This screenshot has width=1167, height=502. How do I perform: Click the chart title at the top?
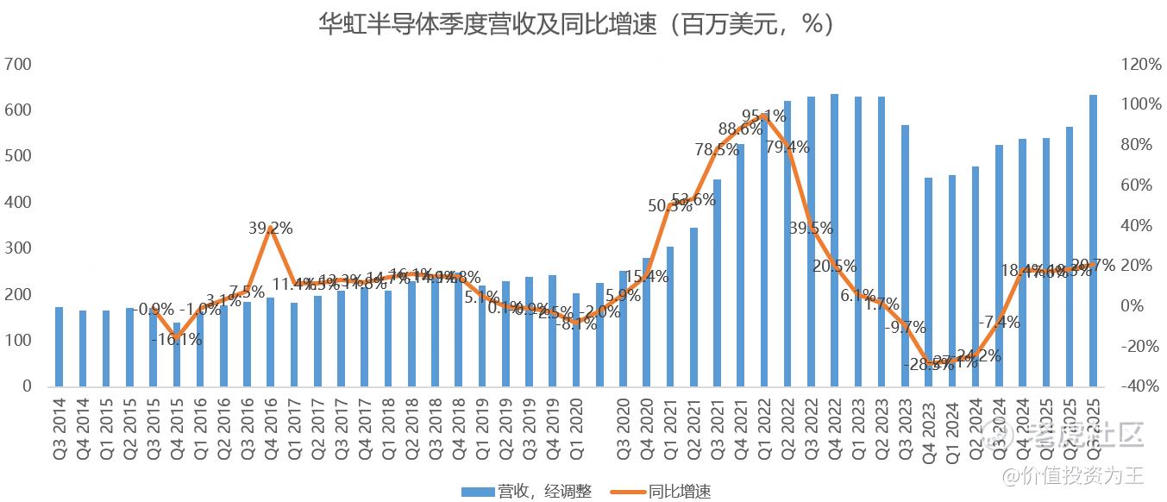click(x=577, y=23)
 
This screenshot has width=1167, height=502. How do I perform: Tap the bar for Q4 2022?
click(x=834, y=241)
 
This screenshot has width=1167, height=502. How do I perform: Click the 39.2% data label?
click(x=270, y=229)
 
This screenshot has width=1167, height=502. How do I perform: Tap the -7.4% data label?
click(x=999, y=322)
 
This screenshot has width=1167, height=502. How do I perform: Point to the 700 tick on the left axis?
click(x=18, y=65)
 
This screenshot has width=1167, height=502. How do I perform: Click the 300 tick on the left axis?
click(x=18, y=248)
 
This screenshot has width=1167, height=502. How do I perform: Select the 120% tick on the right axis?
click(x=1143, y=65)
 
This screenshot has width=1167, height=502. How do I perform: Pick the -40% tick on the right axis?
click(x=1142, y=386)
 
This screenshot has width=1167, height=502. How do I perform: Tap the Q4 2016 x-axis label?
click(x=271, y=423)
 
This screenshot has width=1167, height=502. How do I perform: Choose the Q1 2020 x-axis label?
click(x=576, y=423)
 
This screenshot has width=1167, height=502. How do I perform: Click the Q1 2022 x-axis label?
click(x=764, y=423)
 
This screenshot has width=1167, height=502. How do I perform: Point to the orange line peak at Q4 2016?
click(x=271, y=228)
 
